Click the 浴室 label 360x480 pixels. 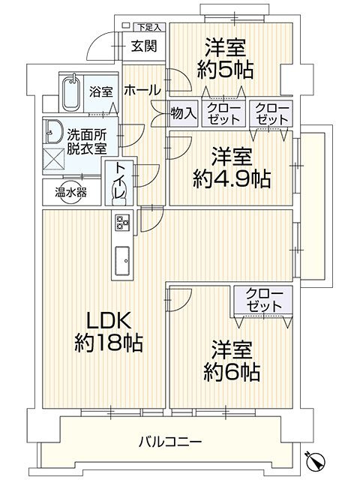tap(101, 92)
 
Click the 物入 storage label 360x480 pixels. tap(184, 114)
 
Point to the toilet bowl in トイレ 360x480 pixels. tap(118, 193)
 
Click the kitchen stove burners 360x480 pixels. tap(122, 222)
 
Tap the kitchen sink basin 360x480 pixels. tap(121, 260)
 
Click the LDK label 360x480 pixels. tap(106, 320)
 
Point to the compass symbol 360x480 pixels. tap(317, 459)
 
